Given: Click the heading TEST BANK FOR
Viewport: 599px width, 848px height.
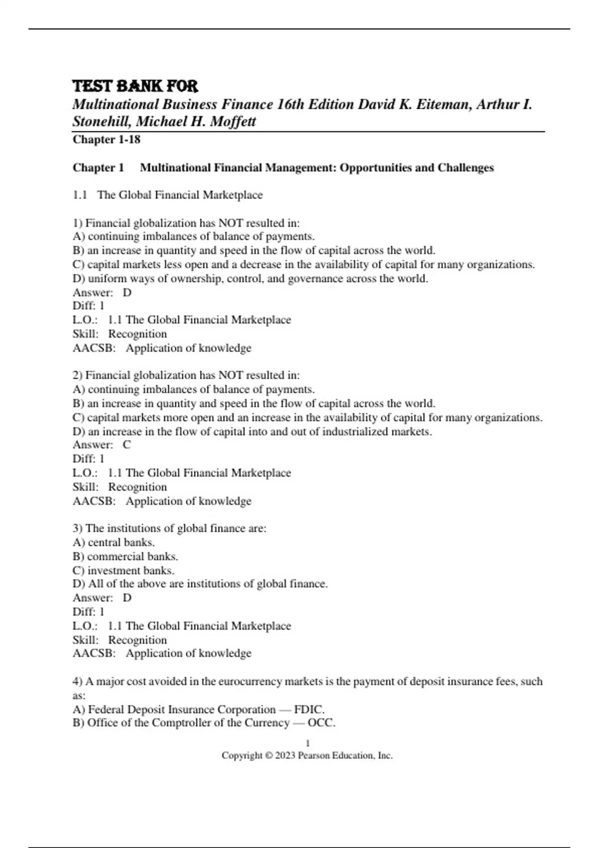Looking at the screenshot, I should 135,86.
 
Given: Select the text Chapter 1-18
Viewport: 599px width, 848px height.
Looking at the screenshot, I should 106,140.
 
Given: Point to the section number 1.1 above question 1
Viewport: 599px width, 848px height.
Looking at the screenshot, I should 80,195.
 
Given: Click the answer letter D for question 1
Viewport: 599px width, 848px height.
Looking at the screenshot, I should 127,292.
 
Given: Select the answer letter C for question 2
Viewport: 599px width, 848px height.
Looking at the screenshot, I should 127,445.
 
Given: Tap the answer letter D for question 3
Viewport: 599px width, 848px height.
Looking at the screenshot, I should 127,598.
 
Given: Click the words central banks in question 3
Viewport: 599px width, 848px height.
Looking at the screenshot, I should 121,542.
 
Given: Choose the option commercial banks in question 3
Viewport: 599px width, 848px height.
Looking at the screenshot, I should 132,556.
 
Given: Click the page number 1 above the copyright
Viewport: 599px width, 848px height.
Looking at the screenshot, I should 307,743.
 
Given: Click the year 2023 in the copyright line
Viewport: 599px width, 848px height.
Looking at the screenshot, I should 285,756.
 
